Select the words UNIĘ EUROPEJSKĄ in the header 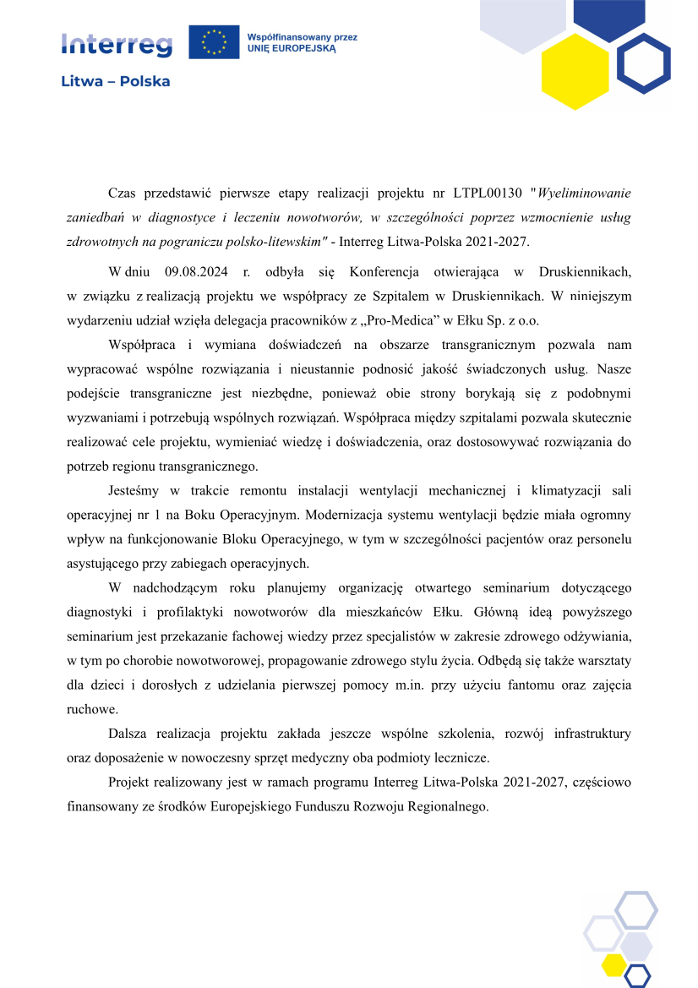tap(292, 49)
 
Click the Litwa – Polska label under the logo tap(115, 82)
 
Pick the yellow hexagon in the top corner tap(575, 66)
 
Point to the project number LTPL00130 tap(485, 194)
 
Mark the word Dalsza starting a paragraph tap(129, 733)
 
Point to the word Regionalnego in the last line tap(439, 805)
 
